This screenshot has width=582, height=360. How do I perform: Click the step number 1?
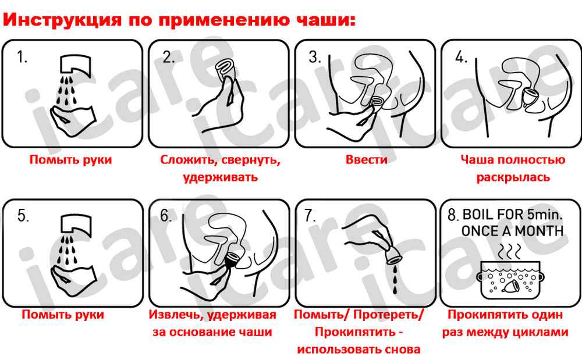[x=22, y=57]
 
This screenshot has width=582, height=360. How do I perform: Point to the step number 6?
[x=166, y=215]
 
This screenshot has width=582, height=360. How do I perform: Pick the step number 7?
[x=310, y=215]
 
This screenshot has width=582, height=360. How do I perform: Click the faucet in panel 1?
[x=76, y=65]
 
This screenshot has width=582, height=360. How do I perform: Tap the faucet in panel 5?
[x=76, y=224]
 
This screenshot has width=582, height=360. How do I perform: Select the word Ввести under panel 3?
[x=366, y=159]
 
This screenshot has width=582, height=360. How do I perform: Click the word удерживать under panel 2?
[x=221, y=177]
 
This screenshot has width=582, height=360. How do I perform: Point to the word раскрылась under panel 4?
[x=513, y=177]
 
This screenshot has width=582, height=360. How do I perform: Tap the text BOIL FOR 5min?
[x=513, y=214]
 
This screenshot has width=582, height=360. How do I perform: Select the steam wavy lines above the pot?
[x=509, y=252]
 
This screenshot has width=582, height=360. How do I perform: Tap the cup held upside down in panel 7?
[x=394, y=255]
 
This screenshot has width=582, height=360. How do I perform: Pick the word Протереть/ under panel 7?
[x=388, y=315]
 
